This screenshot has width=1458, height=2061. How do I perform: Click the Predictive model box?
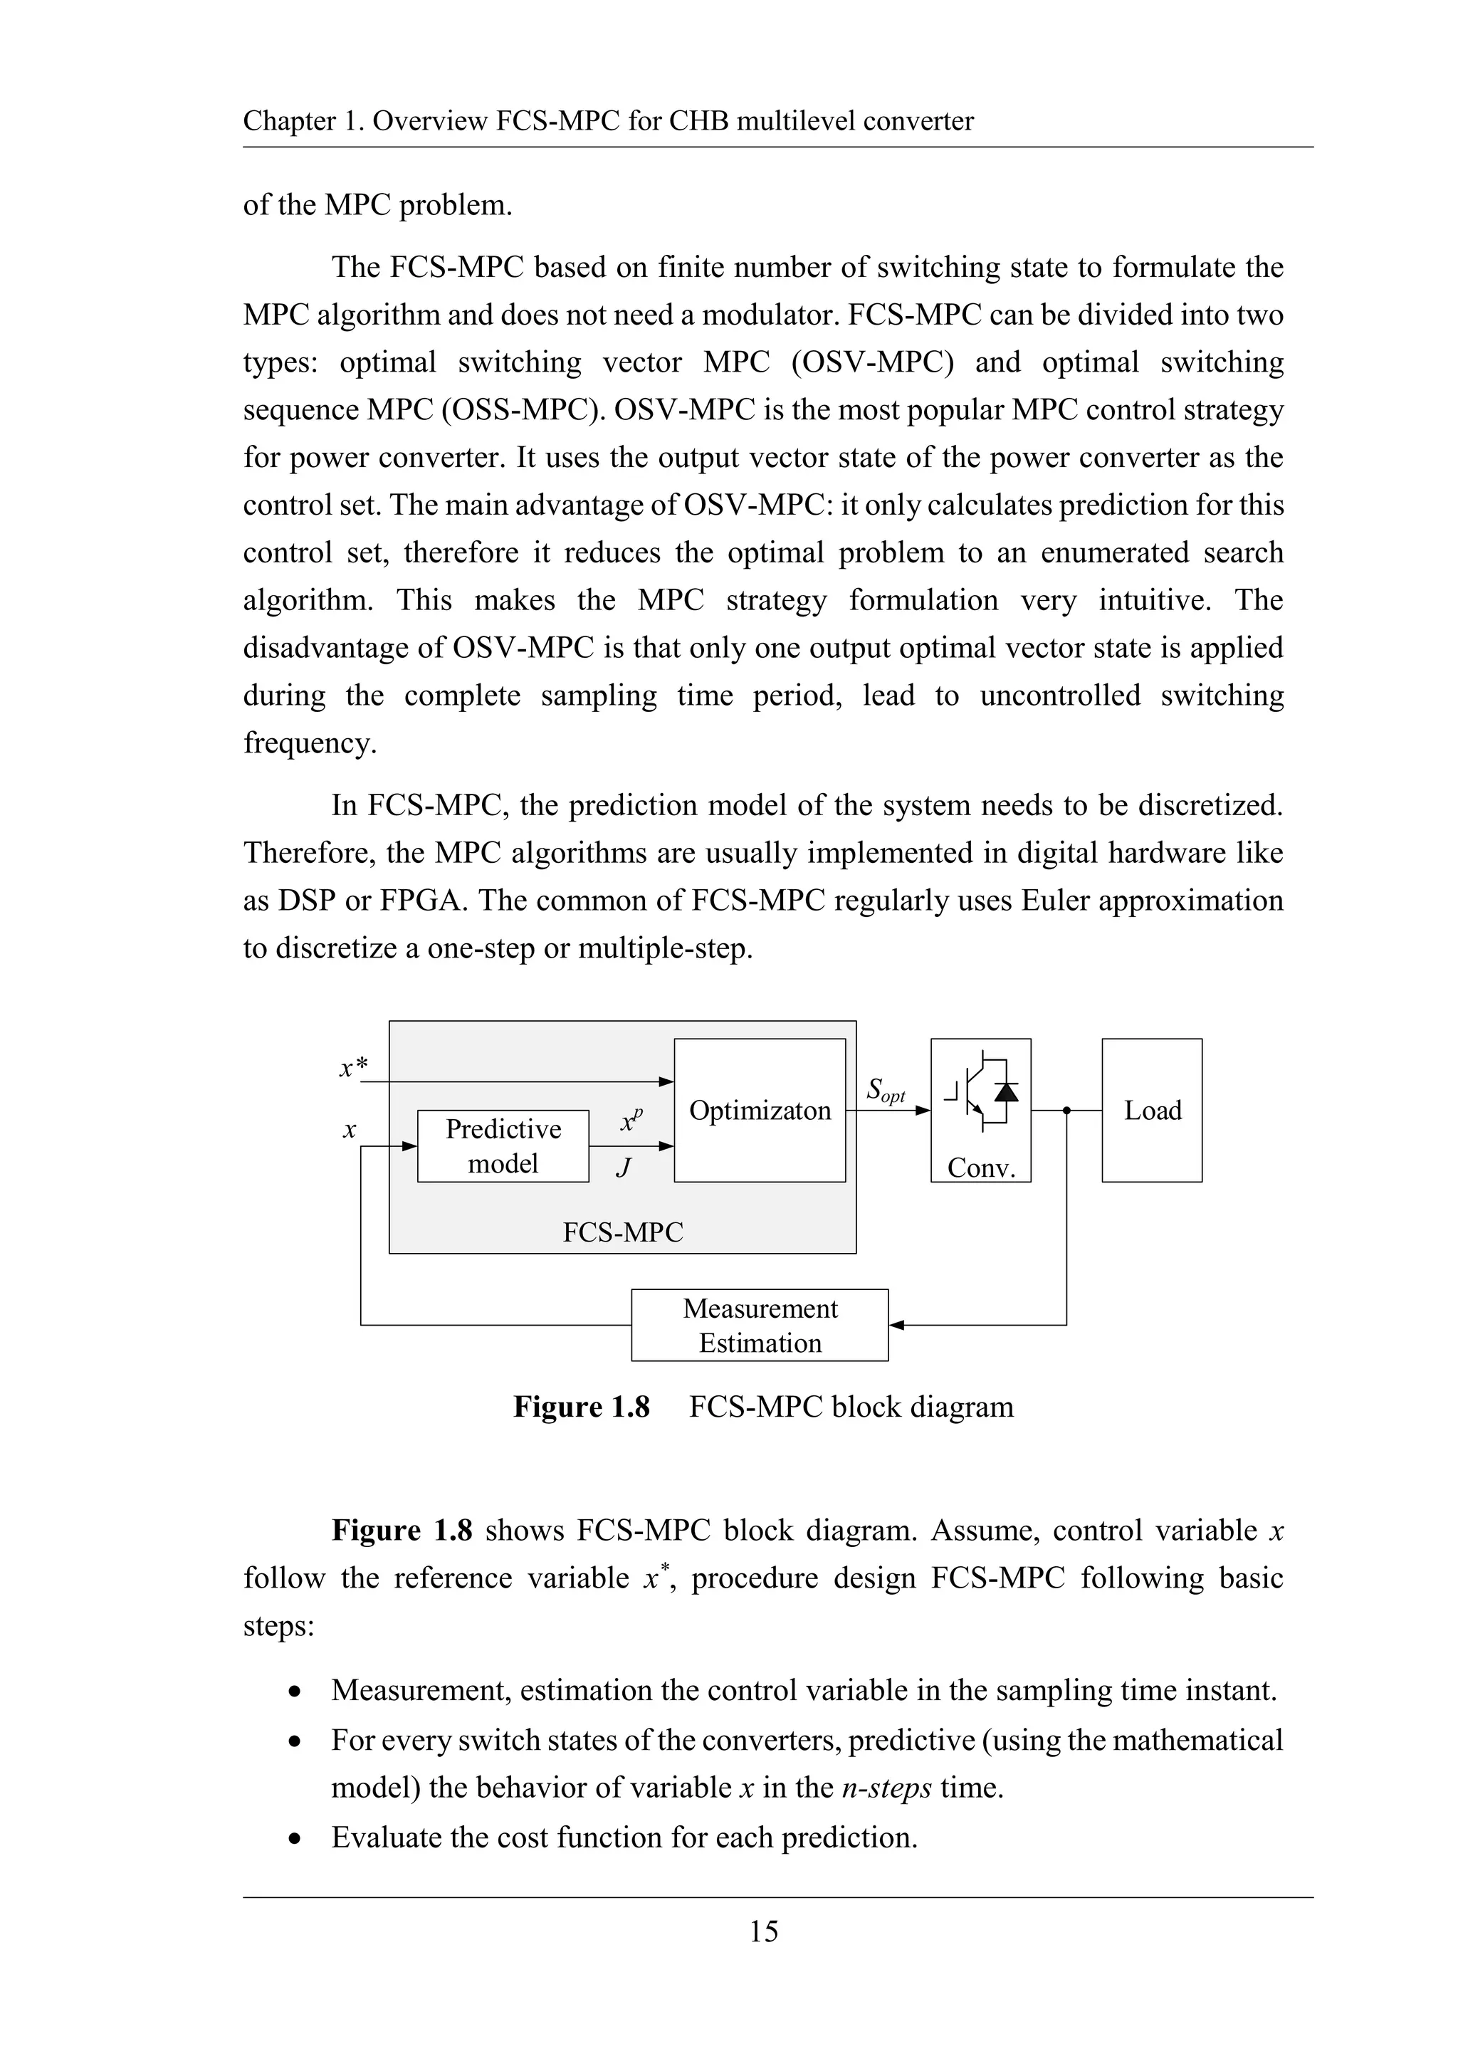(503, 1145)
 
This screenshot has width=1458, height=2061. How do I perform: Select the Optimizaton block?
(760, 1111)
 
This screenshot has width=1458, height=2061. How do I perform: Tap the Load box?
(1152, 1111)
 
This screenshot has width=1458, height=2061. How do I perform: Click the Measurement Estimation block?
(760, 1325)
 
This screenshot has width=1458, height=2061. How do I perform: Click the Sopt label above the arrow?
(885, 1091)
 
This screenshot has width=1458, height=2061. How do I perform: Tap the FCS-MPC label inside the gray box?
(622, 1232)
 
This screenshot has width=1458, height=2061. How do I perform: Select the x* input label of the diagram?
(353, 1066)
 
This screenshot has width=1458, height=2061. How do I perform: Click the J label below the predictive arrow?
(623, 1167)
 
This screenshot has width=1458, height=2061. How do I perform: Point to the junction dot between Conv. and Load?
(1066, 1111)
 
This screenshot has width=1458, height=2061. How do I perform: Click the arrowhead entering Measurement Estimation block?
(896, 1325)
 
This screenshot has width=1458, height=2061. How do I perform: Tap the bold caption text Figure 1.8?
(581, 1407)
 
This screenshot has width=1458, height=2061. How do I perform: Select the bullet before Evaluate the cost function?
(295, 1838)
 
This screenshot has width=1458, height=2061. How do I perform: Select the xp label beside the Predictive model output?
(631, 1121)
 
